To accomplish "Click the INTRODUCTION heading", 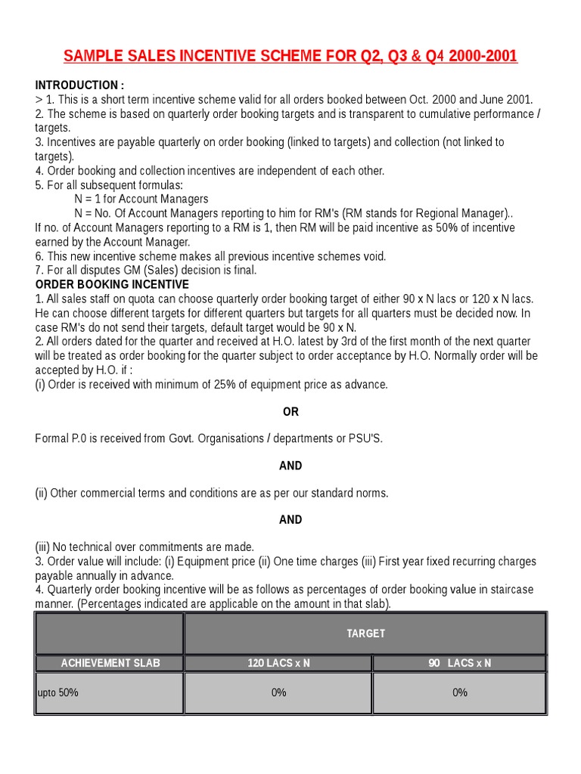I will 79,85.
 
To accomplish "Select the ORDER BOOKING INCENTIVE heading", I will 112,284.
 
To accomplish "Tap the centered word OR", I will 290,412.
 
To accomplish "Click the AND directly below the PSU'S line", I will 290,466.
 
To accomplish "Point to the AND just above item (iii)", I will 290,519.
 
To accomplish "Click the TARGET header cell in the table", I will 365,633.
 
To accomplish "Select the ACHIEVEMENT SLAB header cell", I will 110,663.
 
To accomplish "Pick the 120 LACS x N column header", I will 278,663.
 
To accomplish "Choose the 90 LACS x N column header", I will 459,663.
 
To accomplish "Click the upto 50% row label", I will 58,692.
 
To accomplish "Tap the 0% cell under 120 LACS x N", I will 278,692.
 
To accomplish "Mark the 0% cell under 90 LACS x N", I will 459,692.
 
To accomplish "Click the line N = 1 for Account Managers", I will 141,199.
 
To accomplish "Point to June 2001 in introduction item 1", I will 507,99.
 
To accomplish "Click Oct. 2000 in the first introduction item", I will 432,99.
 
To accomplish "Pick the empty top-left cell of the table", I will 110,633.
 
